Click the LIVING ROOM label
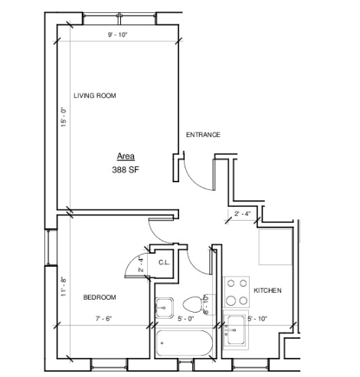[x=95, y=96]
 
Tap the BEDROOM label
[x=100, y=297]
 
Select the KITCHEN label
[x=267, y=290]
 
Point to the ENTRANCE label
[x=203, y=135]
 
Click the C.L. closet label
[x=164, y=262]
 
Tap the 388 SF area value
[x=126, y=169]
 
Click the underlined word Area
[x=126, y=156]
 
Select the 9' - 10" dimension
[x=117, y=34]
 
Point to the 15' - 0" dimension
[x=64, y=117]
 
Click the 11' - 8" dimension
[x=64, y=287]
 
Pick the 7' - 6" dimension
[x=104, y=319]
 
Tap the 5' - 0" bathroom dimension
[x=186, y=319]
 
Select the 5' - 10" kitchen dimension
[x=257, y=319]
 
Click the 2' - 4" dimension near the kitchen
[x=243, y=214]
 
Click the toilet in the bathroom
[x=193, y=304]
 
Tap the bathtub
[x=185, y=343]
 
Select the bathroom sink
[x=165, y=308]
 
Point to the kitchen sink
[x=236, y=329]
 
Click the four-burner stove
[x=237, y=292]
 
